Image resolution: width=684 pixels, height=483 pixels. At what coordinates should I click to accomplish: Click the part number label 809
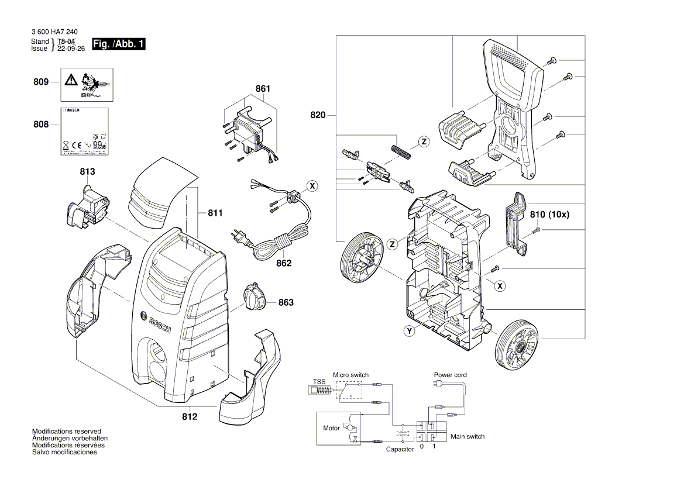tap(40, 82)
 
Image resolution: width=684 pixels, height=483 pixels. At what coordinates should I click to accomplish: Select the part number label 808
tap(40, 125)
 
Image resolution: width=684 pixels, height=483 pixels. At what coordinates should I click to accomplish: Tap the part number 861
tap(263, 89)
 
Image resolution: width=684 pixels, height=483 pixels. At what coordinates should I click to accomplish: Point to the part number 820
tap(318, 115)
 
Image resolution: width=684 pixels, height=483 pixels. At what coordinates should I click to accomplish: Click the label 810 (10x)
tap(549, 215)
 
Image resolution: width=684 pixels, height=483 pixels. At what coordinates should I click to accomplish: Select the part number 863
tap(286, 302)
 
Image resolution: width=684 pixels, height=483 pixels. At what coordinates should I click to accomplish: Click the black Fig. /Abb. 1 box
tap(118, 44)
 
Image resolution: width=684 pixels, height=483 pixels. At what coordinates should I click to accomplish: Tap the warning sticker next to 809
tap(87, 84)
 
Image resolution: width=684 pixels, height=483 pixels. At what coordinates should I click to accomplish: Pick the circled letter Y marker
tap(409, 332)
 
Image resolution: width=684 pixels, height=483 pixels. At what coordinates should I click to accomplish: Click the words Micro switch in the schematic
tap(350, 375)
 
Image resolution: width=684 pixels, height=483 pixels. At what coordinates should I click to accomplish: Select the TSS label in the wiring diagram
tap(319, 381)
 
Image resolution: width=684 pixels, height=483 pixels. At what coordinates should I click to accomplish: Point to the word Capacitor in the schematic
tap(400, 449)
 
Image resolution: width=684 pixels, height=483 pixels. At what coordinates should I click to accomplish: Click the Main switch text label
tap(467, 436)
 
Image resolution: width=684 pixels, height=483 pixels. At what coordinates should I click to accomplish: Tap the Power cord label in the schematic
tap(450, 375)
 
